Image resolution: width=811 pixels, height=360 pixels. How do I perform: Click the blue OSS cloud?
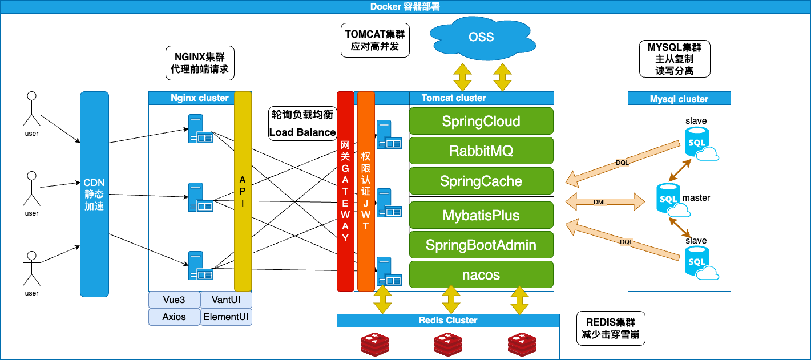click(x=481, y=37)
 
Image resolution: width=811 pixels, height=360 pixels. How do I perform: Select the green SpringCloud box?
click(x=481, y=122)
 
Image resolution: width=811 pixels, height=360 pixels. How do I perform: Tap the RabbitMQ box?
click(x=481, y=151)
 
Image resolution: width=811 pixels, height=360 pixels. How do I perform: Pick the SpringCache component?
click(x=481, y=181)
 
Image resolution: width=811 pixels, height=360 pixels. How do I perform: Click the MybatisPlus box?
click(x=481, y=216)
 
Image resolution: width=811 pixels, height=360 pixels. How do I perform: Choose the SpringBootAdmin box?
click(x=481, y=245)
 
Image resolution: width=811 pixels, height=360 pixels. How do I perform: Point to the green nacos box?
click(x=481, y=275)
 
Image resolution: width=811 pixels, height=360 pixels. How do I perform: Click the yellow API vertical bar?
click(x=243, y=191)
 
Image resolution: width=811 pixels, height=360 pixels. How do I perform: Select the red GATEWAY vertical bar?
click(x=345, y=191)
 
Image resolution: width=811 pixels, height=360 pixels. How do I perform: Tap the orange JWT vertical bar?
click(x=366, y=191)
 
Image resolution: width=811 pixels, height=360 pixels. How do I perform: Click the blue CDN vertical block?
click(x=94, y=194)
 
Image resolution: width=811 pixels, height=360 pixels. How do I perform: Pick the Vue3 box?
click(x=174, y=300)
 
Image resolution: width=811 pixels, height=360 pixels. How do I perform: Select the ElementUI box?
click(x=226, y=317)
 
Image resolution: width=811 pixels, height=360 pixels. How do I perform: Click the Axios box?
click(x=174, y=317)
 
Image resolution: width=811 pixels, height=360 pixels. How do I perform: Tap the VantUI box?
click(x=226, y=300)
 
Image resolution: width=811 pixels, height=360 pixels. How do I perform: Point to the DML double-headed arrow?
click(x=600, y=201)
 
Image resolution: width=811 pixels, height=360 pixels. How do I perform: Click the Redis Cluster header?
click(x=448, y=321)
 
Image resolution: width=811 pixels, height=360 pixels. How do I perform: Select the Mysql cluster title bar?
click(x=679, y=99)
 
